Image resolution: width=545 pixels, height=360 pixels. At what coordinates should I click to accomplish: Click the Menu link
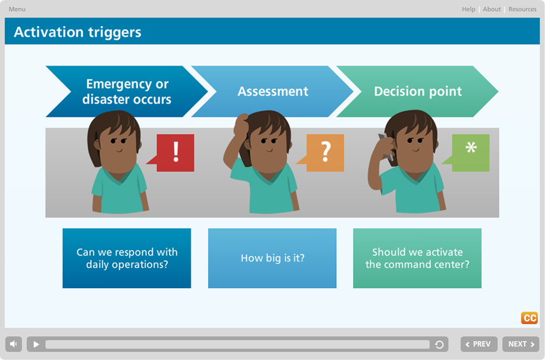[x=17, y=9]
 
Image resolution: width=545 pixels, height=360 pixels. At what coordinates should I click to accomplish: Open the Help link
[x=468, y=9]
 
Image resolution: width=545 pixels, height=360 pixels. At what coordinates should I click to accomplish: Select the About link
[x=492, y=9]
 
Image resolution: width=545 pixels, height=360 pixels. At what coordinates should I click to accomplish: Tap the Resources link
[x=523, y=9]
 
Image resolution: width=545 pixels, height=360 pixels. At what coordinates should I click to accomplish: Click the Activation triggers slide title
[x=77, y=32]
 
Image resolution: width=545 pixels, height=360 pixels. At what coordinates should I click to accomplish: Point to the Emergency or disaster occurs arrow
[x=127, y=91]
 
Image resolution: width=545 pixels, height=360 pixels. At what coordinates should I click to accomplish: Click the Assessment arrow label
[x=273, y=91]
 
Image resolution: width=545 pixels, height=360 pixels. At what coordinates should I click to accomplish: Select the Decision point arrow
[x=417, y=91]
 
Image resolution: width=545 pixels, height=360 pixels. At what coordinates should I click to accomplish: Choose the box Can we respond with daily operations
[x=127, y=258]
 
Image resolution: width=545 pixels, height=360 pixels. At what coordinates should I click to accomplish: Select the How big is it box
[x=272, y=258]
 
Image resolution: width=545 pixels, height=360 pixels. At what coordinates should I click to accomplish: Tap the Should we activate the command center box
[x=417, y=258]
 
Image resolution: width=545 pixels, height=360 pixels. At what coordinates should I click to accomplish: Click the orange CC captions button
[x=529, y=318]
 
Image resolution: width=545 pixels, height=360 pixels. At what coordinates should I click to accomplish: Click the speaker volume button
[x=14, y=344]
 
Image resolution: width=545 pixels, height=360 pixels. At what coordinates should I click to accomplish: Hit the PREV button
[x=479, y=344]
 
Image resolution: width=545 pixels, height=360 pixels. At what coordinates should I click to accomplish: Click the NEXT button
[x=520, y=344]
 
